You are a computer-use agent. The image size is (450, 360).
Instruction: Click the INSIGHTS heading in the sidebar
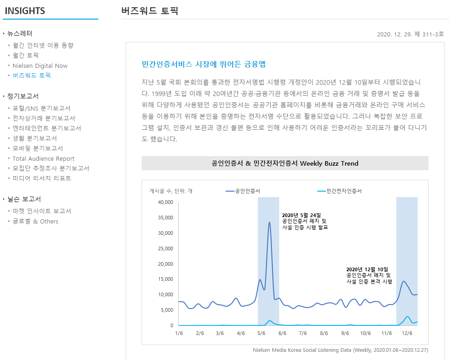click(25, 11)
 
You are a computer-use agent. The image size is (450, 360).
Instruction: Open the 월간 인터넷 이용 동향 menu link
click(43, 46)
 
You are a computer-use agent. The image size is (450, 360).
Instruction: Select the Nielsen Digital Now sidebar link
click(40, 66)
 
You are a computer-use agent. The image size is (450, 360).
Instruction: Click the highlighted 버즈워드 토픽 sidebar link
click(31, 76)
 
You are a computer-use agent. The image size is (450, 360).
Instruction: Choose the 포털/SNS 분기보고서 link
click(41, 108)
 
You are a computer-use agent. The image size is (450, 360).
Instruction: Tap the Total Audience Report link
click(43, 159)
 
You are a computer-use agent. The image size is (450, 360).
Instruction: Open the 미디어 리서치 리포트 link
click(41, 178)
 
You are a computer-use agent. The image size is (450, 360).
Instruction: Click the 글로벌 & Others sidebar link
click(36, 222)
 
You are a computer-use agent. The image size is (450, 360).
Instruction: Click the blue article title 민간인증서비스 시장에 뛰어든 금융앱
click(204, 64)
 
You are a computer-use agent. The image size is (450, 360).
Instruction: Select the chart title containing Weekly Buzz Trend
click(285, 163)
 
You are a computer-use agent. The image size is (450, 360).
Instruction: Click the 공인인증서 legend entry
click(243, 191)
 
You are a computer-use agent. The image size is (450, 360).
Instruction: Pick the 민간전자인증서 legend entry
click(339, 191)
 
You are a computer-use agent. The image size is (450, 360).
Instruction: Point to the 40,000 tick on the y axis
click(166, 202)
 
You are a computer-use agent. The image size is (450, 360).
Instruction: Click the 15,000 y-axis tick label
click(166, 279)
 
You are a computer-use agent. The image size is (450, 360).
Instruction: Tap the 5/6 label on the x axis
click(261, 333)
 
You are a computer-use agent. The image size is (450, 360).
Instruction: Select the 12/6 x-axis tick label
click(407, 333)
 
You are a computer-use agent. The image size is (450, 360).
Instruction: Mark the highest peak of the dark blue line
click(269, 222)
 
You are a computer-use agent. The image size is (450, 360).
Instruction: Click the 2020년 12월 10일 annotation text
click(367, 269)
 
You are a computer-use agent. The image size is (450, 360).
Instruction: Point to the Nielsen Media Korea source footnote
click(340, 350)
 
